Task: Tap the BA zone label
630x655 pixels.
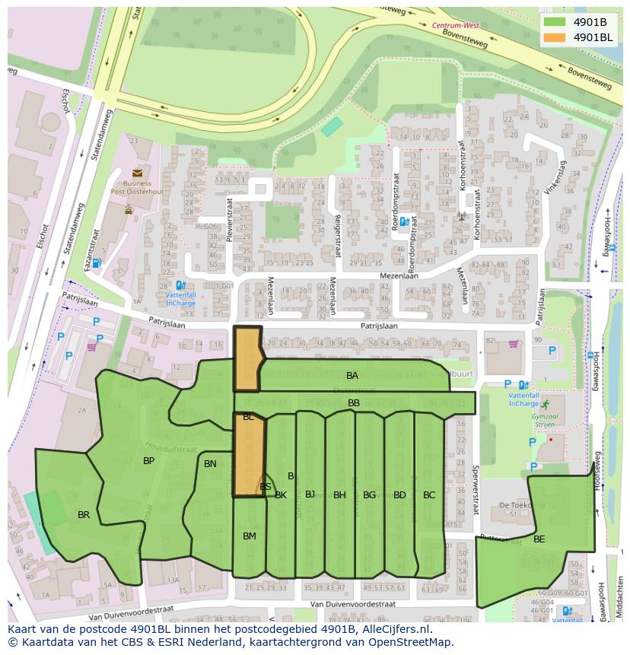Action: click(x=352, y=376)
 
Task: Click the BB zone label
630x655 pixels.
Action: click(x=354, y=403)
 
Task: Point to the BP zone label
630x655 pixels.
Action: click(x=149, y=461)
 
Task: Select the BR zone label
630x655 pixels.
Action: click(x=84, y=515)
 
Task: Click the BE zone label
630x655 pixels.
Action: click(x=539, y=539)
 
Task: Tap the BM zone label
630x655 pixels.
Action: click(x=249, y=536)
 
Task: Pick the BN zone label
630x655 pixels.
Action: click(x=210, y=464)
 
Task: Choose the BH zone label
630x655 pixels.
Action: click(x=339, y=495)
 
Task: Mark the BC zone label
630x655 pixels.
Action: click(x=429, y=495)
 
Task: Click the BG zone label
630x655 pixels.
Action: click(x=369, y=495)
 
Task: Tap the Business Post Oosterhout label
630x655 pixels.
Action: click(x=137, y=188)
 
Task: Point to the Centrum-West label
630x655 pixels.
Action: click(x=455, y=25)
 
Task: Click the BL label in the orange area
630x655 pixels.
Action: click(x=248, y=418)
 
